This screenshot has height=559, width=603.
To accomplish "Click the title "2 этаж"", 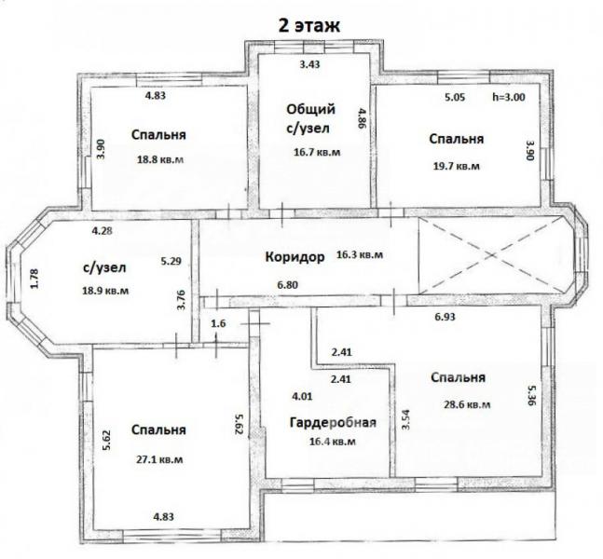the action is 309,26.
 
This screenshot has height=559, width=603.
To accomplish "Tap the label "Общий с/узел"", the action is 310,118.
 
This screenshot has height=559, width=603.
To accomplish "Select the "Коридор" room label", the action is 295,256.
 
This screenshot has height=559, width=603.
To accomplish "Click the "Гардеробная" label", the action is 333,423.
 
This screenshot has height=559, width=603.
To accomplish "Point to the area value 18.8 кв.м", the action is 160,159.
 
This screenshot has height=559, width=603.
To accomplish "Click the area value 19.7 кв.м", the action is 457,166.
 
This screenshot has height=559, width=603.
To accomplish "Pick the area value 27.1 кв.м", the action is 159,459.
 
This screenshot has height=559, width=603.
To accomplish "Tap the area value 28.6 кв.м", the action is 467,404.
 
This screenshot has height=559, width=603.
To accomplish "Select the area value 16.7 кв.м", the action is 317,152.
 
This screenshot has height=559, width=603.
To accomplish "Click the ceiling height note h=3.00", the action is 509,97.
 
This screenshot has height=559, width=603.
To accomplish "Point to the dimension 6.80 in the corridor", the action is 288,285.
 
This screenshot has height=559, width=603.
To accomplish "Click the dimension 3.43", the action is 309,64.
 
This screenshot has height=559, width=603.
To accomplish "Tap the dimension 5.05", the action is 455,97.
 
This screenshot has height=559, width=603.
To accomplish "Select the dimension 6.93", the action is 445,317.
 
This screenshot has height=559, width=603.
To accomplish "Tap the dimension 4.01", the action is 302,396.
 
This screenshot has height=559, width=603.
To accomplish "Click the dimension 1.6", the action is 218,323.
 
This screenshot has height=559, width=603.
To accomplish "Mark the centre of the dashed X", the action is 491,255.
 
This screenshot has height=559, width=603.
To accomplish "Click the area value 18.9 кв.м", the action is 105,291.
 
